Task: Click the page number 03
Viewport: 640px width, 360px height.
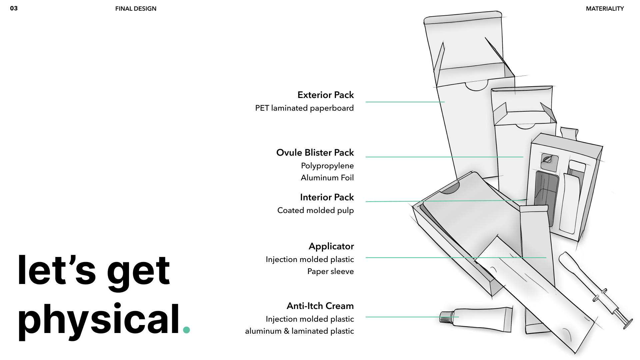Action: [14, 8]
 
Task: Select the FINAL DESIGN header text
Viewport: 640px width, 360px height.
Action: [136, 9]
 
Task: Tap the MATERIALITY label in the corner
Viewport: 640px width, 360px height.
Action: [605, 9]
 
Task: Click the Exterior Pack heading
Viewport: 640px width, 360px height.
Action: [325, 95]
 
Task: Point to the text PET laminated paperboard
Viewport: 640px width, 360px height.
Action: [304, 108]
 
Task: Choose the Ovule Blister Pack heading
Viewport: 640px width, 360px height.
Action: [315, 153]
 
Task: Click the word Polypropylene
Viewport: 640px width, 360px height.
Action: [327, 166]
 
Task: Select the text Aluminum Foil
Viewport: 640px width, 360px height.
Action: [327, 178]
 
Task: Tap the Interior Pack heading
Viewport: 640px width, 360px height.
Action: [327, 197]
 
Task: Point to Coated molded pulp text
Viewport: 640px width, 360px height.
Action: [315, 210]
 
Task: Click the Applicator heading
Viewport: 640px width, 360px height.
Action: [331, 246]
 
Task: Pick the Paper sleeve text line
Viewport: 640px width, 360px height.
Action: [330, 271]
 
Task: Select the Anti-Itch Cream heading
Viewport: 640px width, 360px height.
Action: [320, 306]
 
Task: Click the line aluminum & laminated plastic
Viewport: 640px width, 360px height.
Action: [299, 331]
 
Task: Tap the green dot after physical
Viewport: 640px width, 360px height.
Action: [186, 330]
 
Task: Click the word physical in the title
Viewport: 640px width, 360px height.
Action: [99, 319]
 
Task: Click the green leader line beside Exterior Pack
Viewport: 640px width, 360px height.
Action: [405, 102]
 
